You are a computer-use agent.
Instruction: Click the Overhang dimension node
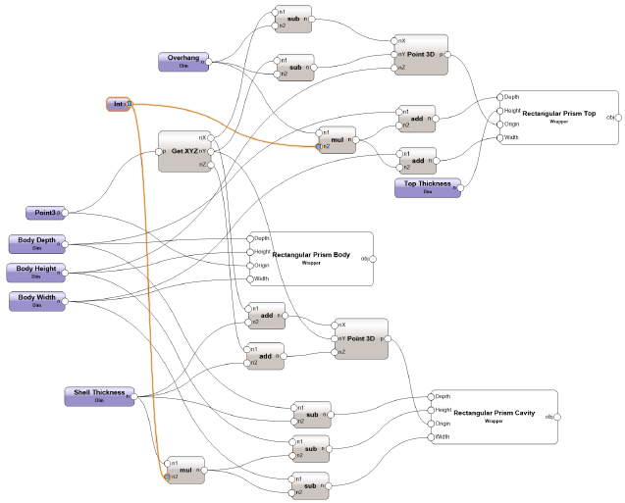point(182,61)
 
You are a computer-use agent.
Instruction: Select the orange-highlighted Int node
point(118,104)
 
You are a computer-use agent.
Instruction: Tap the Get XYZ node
point(184,151)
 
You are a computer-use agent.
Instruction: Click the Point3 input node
point(44,213)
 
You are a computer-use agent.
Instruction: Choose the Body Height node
point(36,272)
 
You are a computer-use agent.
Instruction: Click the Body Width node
point(36,300)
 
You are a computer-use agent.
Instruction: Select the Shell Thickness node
point(99,395)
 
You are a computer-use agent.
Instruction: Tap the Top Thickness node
point(427,186)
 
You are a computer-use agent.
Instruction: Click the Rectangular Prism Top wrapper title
point(558,114)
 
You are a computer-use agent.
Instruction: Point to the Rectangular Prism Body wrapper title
point(311,255)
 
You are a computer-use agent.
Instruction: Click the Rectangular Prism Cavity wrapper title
point(494,414)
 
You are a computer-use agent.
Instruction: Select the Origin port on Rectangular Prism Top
point(499,125)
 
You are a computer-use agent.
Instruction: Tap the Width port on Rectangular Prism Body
point(248,278)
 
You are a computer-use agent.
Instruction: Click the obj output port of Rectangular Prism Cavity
point(561,417)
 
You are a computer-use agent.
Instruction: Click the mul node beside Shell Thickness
point(184,470)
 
